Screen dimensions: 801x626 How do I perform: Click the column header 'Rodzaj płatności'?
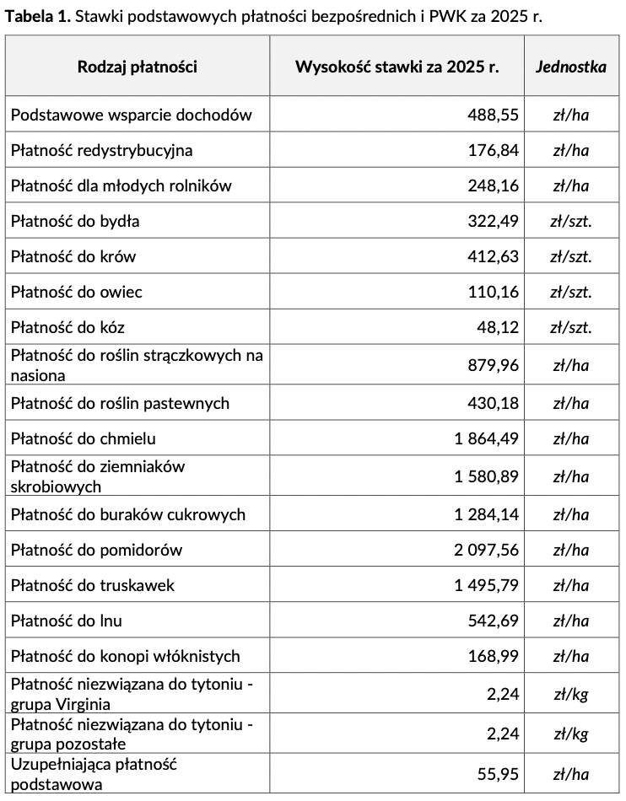[138, 67]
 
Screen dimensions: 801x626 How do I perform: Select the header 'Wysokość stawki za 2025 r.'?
[397, 67]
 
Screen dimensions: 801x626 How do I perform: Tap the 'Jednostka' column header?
[571, 67]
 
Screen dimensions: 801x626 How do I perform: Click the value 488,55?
[494, 116]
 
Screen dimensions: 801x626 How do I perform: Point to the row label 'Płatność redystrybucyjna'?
[101, 151]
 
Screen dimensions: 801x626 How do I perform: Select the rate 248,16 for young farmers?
[494, 186]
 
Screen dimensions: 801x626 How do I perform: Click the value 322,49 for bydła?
[494, 222]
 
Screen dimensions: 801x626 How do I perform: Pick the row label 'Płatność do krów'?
[73, 257]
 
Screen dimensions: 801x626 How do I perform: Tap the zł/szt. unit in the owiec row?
[571, 293]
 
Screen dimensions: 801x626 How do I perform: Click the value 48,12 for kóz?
[498, 328]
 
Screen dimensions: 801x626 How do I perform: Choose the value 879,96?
[494, 366]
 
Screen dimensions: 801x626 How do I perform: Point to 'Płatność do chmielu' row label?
[84, 438]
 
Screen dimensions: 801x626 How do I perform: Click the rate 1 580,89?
[487, 477]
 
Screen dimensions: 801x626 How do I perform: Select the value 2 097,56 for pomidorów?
[487, 550]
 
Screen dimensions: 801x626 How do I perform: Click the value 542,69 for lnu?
[494, 621]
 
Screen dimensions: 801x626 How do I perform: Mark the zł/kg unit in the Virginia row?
[571, 695]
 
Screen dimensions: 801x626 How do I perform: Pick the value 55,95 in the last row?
[498, 774]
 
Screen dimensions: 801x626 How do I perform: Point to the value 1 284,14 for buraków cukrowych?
[487, 514]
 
